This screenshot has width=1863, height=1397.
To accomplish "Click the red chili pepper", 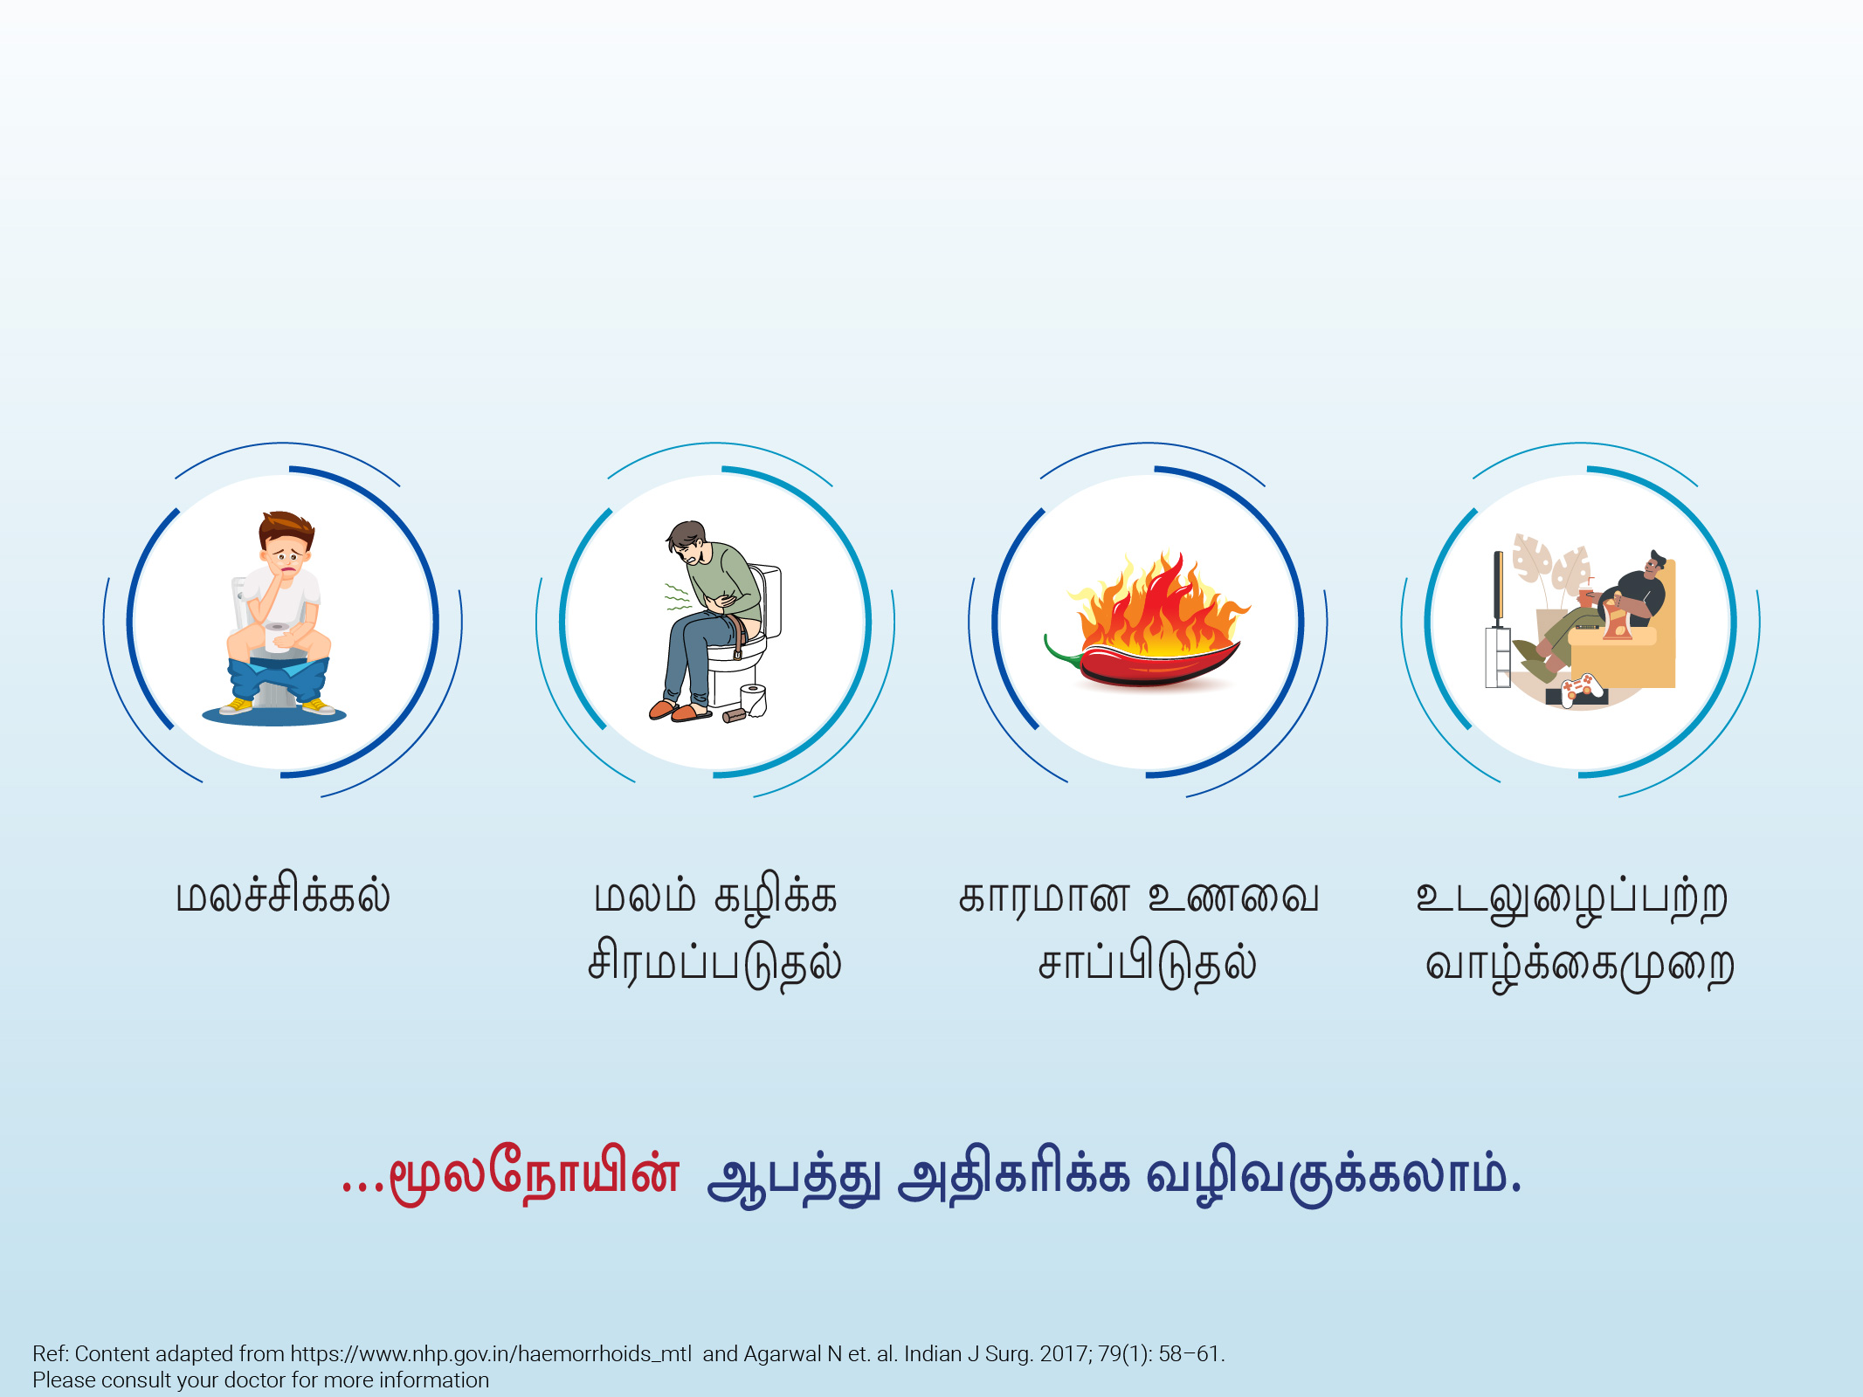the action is pyautogui.click(x=1153, y=664).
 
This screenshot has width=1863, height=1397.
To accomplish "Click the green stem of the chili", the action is pyautogui.click(x=1062, y=651).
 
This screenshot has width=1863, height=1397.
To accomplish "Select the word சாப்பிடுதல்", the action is pyautogui.click(x=1147, y=966).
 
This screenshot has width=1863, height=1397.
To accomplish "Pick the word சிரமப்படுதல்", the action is pyautogui.click(x=714, y=966).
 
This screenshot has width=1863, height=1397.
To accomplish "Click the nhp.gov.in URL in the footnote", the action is pyautogui.click(x=491, y=1354).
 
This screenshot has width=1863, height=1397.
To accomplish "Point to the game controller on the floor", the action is pyautogui.click(x=1583, y=688).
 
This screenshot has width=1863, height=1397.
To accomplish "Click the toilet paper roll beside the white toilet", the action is pyautogui.click(x=753, y=700).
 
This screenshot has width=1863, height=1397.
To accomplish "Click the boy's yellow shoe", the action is pyautogui.click(x=237, y=705).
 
